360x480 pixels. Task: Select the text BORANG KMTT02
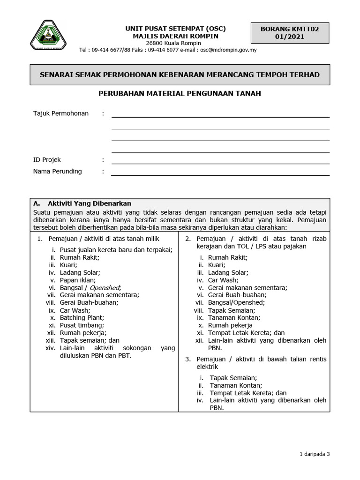290,29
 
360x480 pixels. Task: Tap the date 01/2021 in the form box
290,37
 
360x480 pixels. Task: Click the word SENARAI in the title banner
57,75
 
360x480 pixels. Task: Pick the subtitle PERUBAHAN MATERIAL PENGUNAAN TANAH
180,93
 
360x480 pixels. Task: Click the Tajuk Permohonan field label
61,113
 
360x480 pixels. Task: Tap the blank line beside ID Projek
220,161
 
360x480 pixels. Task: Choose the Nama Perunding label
57,172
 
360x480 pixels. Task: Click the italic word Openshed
105,287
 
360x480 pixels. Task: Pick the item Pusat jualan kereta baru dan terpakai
116,250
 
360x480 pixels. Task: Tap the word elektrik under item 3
207,367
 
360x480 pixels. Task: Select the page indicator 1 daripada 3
315,454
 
